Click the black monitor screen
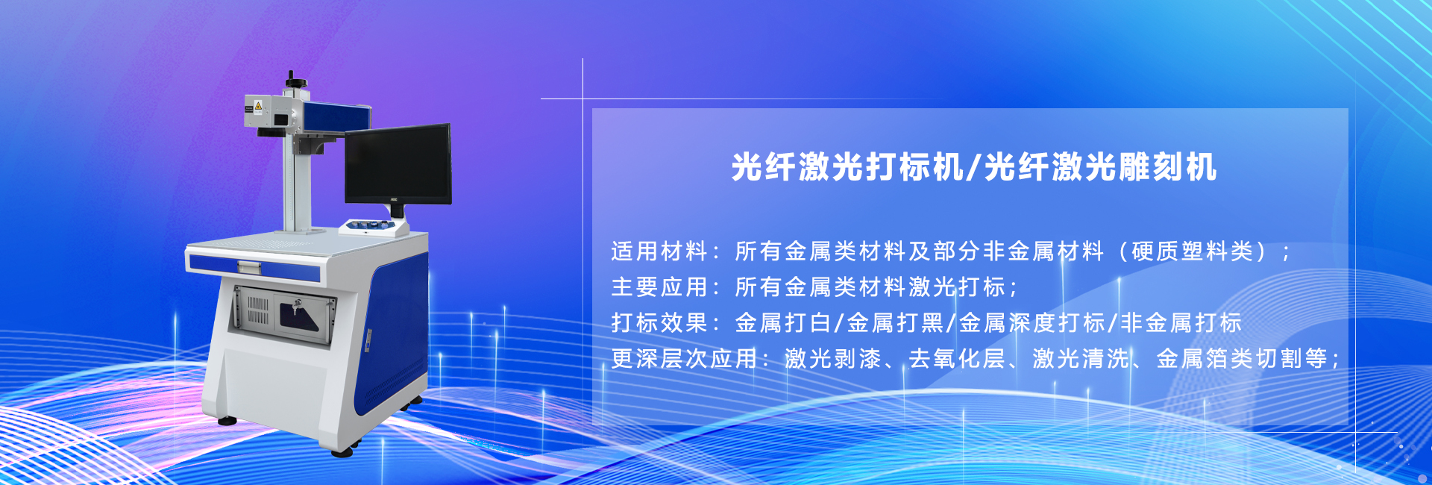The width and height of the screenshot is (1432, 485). coord(398,164)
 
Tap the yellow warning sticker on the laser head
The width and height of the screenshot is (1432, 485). coord(258,106)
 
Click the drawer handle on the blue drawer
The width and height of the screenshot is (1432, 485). coord(249,266)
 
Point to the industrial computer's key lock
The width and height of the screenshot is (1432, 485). coord(298,304)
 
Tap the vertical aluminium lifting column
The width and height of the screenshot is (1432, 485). coord(297,183)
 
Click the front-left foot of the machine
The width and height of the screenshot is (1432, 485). coord(342,450)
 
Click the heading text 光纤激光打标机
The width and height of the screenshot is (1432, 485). coord(847,166)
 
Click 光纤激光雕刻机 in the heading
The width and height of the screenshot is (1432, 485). coord(1101,166)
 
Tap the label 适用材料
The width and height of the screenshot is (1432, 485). coord(659,251)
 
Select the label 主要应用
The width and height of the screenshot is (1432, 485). coord(659,287)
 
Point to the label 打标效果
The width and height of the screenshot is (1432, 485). coord(659,322)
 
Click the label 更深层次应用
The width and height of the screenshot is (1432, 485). coord(684,358)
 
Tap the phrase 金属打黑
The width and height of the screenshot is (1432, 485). coord(896,322)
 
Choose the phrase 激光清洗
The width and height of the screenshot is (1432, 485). coord(1081,358)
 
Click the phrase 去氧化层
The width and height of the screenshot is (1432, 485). coord(957,358)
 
